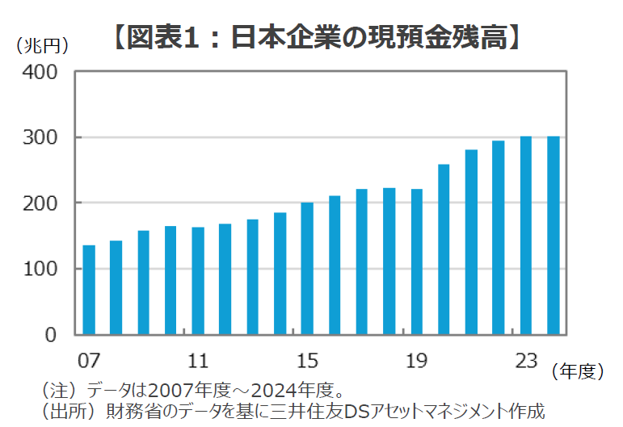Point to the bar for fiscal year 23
point(526,235)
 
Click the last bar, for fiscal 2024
point(554,235)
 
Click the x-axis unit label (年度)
point(579,371)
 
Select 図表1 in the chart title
point(162,37)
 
